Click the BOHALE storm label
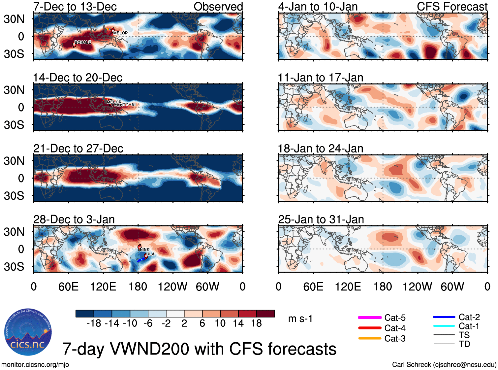point(82,42)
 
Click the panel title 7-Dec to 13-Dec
point(75,7)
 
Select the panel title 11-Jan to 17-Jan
point(320,78)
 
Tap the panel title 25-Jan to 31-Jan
point(321,219)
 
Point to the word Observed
point(218,7)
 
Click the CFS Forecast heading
point(452,7)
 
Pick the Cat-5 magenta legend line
point(370,318)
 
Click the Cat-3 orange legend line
point(370,338)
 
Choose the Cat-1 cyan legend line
point(444,326)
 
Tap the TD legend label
point(464,344)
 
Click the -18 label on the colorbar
point(94,323)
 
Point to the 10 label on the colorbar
point(220,323)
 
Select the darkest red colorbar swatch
point(265,314)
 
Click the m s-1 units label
point(300,319)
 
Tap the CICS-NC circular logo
point(28,332)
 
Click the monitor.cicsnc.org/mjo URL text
point(35,365)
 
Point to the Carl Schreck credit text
point(444,365)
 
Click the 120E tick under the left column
point(103,286)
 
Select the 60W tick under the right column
point(452,286)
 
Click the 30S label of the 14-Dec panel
point(14,125)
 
